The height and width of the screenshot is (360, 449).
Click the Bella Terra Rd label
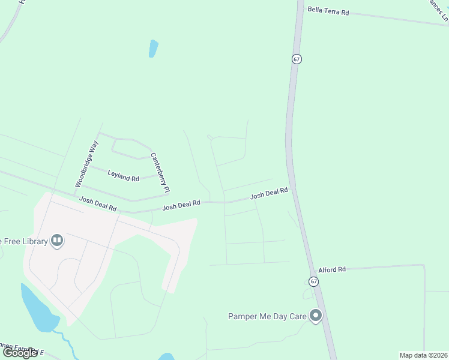(328, 10)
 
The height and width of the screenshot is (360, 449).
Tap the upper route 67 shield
(297, 59)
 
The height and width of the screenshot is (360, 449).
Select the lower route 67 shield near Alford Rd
(313, 281)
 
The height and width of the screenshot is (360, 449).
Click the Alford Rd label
(332, 270)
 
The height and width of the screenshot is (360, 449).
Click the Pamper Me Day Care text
(267, 316)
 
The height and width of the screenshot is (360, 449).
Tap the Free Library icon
(57, 241)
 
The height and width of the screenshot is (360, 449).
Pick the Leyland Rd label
(123, 175)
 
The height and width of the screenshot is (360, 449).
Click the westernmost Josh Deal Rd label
(97, 203)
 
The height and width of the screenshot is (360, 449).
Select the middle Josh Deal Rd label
(181, 205)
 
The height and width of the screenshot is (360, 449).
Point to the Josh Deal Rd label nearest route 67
(269, 193)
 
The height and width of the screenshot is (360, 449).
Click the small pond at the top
(153, 49)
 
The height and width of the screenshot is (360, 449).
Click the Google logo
(20, 353)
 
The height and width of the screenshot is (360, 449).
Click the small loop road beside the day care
(309, 295)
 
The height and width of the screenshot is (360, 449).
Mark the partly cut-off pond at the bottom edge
(166, 357)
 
